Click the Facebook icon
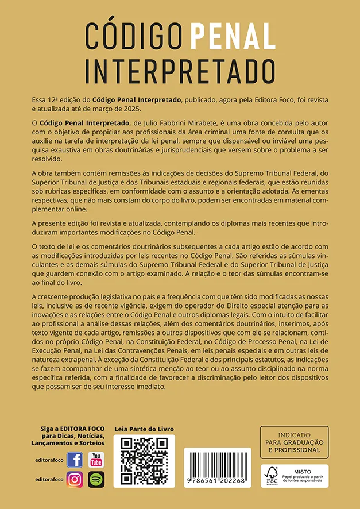click(75, 460)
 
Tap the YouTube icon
click(96, 460)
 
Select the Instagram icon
click(75, 479)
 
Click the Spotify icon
click(96, 479)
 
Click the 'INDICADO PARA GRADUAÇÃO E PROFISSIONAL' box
click(294, 442)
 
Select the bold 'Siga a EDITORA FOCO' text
click(72, 429)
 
